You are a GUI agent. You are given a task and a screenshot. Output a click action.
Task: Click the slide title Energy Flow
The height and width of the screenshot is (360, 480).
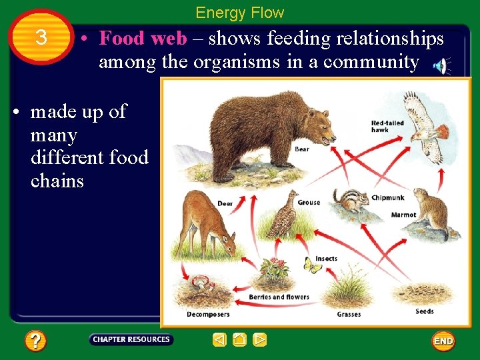(x=239, y=13)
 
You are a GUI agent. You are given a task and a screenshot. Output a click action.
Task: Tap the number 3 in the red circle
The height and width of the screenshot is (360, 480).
(x=41, y=38)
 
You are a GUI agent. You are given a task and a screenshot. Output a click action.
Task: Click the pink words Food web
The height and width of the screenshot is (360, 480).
(x=143, y=39)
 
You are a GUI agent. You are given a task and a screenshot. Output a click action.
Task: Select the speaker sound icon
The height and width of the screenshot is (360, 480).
(x=441, y=65)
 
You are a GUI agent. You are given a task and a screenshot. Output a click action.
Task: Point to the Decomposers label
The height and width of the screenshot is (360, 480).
(x=207, y=314)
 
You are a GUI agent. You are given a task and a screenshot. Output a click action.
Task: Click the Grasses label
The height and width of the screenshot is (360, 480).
(x=349, y=314)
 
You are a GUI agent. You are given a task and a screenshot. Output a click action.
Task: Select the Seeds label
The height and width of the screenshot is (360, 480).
(x=424, y=311)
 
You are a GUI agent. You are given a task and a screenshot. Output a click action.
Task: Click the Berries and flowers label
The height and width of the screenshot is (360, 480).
(x=279, y=297)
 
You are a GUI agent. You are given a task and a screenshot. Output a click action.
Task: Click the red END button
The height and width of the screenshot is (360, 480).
(x=443, y=341)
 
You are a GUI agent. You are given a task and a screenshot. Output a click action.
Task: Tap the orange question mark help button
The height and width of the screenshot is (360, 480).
(x=35, y=341)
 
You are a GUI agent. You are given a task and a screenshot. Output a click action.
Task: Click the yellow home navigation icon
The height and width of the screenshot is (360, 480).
(x=240, y=340)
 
